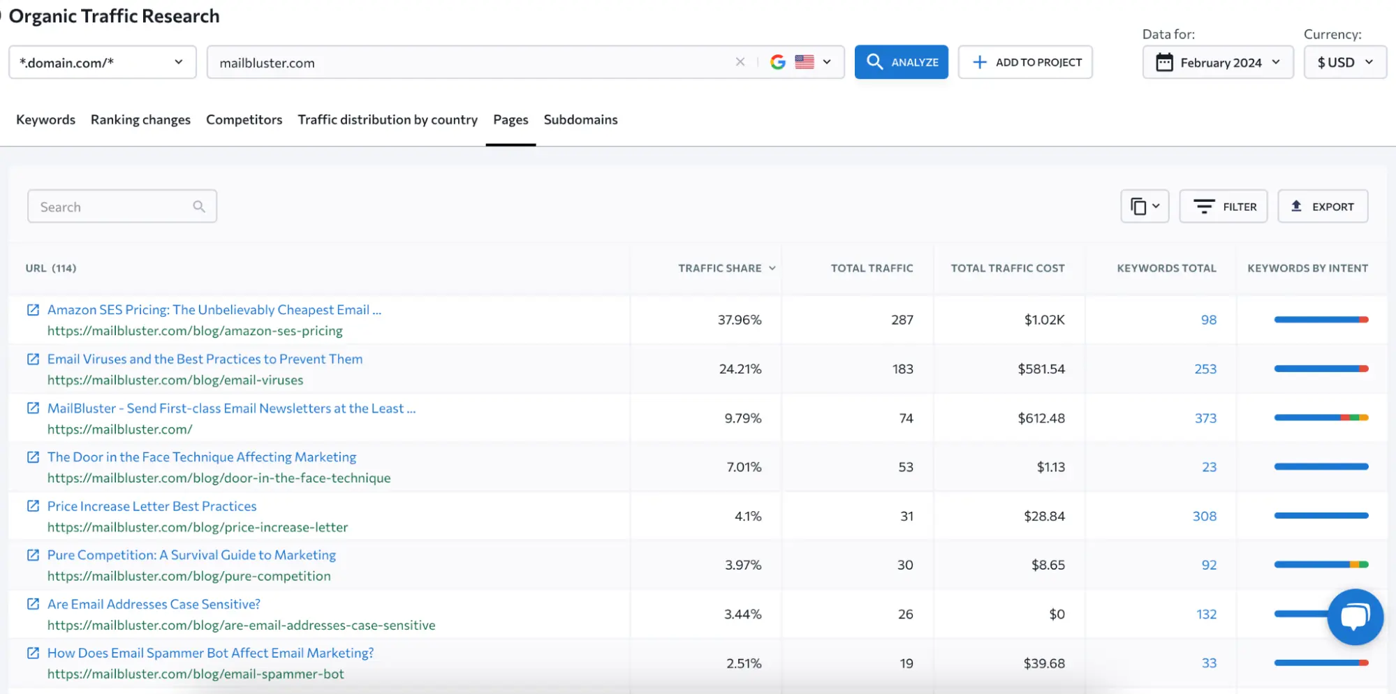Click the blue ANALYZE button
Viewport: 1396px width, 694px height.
pos(901,62)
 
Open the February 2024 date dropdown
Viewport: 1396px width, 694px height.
pos(1217,62)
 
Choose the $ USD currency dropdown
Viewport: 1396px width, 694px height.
pos(1344,62)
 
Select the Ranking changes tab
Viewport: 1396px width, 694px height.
pos(140,119)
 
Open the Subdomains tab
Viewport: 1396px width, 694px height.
pos(580,119)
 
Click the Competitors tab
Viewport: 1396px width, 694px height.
pos(244,119)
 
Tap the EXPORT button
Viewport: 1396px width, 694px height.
pos(1322,207)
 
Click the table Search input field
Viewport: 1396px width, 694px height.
pos(112,207)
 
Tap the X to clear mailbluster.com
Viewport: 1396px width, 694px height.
pos(740,62)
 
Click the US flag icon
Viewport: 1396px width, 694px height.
pos(804,62)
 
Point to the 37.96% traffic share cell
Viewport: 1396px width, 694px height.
pos(739,320)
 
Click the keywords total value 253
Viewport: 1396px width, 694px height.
pos(1205,369)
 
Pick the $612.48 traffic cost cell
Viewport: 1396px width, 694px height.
pos(1041,418)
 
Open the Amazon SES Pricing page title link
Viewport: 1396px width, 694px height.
pos(214,309)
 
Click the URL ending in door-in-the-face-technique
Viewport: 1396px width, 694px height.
pos(219,478)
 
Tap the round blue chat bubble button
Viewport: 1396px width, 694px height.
pos(1355,617)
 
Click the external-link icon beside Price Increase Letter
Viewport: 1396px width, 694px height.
pos(33,505)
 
